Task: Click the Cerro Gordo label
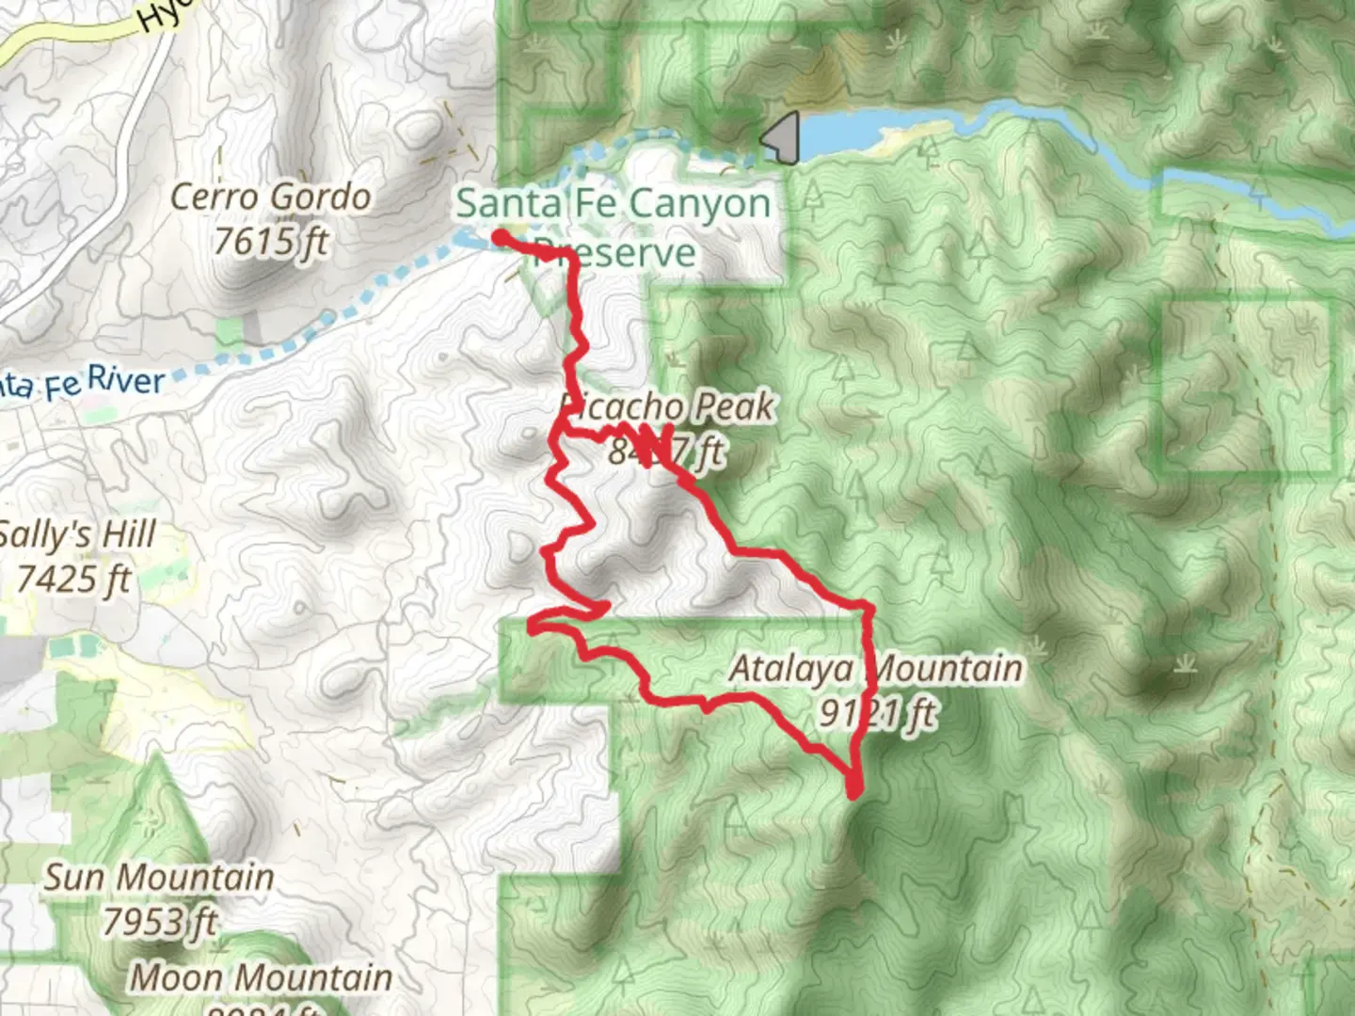(x=271, y=198)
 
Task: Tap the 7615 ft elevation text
(x=271, y=242)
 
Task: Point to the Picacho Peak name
(x=668, y=406)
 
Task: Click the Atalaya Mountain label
(x=875, y=669)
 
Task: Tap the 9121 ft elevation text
(x=877, y=713)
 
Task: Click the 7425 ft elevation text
(x=75, y=579)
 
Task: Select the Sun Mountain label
(x=159, y=878)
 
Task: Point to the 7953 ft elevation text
(x=159, y=921)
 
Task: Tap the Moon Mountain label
(x=261, y=977)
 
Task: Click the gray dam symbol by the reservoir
(x=782, y=137)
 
